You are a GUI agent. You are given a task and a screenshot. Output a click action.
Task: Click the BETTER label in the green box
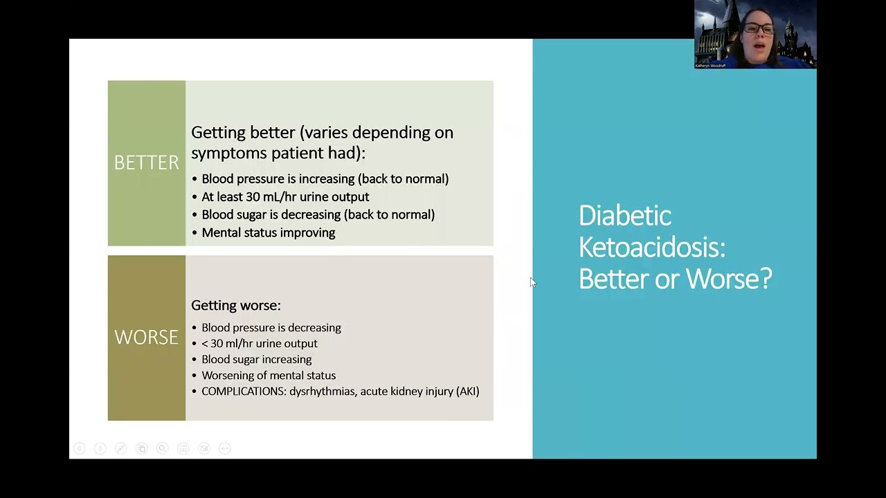point(146,163)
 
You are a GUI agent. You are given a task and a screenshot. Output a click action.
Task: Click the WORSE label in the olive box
point(146,338)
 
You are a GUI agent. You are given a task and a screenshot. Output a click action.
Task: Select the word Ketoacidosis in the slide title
point(651,247)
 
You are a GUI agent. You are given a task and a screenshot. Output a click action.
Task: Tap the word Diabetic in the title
point(624,216)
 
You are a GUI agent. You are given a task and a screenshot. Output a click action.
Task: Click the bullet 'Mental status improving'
point(268,233)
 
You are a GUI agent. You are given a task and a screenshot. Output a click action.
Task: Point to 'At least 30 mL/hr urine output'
point(285,197)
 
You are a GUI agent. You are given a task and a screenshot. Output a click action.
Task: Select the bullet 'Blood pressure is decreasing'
point(271,328)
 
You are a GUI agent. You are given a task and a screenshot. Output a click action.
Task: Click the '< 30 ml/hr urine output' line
point(259,344)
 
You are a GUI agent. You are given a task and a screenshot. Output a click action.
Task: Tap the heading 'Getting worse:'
point(235,305)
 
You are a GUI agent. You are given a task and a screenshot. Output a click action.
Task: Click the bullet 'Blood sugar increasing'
point(256,360)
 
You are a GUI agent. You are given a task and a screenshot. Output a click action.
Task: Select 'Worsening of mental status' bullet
point(269,376)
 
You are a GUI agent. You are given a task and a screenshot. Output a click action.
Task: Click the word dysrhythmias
point(322,391)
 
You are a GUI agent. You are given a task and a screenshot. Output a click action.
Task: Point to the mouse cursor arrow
point(532,282)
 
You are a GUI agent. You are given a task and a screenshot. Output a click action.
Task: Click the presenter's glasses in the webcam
point(759,28)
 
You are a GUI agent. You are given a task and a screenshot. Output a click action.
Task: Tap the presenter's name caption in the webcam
point(711,66)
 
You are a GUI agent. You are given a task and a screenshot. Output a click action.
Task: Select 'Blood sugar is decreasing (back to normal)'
point(318,215)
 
